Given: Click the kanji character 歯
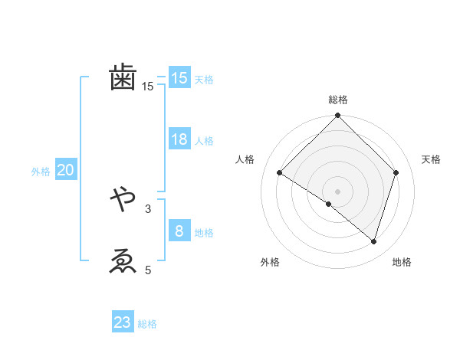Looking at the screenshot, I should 123,77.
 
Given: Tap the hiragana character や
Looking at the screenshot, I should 123,200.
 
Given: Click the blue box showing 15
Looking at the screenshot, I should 179,78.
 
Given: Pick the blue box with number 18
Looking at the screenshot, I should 179,139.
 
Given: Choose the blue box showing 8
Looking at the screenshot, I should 179,231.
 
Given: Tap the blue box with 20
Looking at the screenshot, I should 65,170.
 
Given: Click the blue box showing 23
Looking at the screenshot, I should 123,322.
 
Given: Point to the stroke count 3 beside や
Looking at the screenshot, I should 148,208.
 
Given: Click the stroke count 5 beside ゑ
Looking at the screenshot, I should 148,270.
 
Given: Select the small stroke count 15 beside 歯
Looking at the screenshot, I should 148,87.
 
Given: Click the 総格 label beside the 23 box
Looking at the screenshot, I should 147,324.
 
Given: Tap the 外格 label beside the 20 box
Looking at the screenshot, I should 41,172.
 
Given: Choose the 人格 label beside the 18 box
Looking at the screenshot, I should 204,141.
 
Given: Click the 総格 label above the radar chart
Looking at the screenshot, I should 337,100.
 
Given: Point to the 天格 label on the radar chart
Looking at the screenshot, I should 432,159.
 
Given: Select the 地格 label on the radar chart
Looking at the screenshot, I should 402,262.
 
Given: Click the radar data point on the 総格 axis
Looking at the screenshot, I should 337,116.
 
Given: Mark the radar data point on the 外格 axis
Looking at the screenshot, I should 329,204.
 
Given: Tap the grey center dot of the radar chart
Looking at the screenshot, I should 337,191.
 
